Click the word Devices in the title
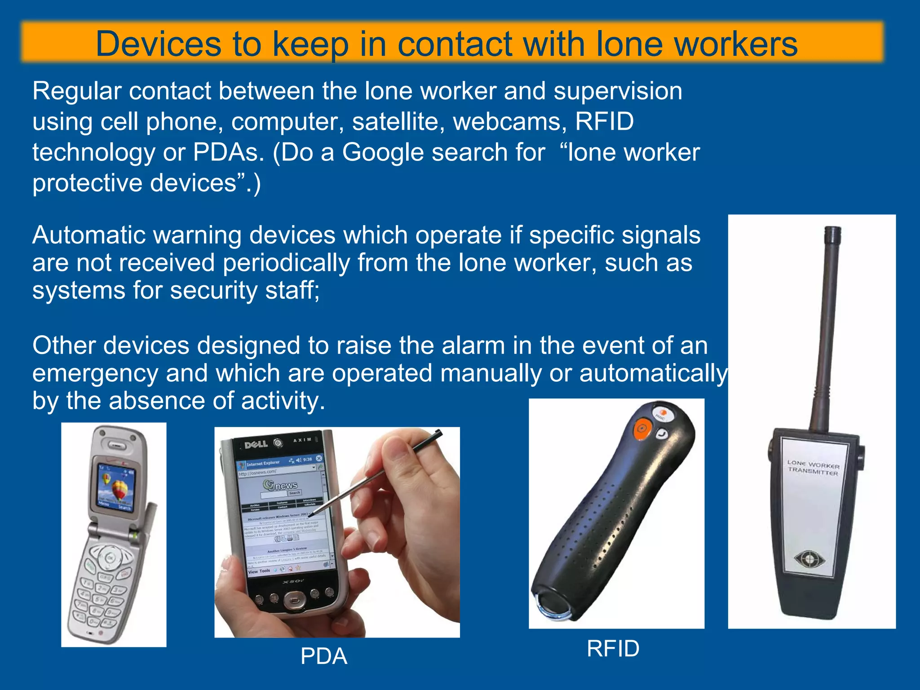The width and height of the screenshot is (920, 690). click(x=159, y=44)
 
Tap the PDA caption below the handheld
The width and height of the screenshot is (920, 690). click(x=324, y=656)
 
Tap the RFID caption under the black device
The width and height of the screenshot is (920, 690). click(x=613, y=649)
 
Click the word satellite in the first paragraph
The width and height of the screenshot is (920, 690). click(x=398, y=122)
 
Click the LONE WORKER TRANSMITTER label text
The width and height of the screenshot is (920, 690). click(x=813, y=467)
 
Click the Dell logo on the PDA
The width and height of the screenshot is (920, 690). click(x=256, y=444)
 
